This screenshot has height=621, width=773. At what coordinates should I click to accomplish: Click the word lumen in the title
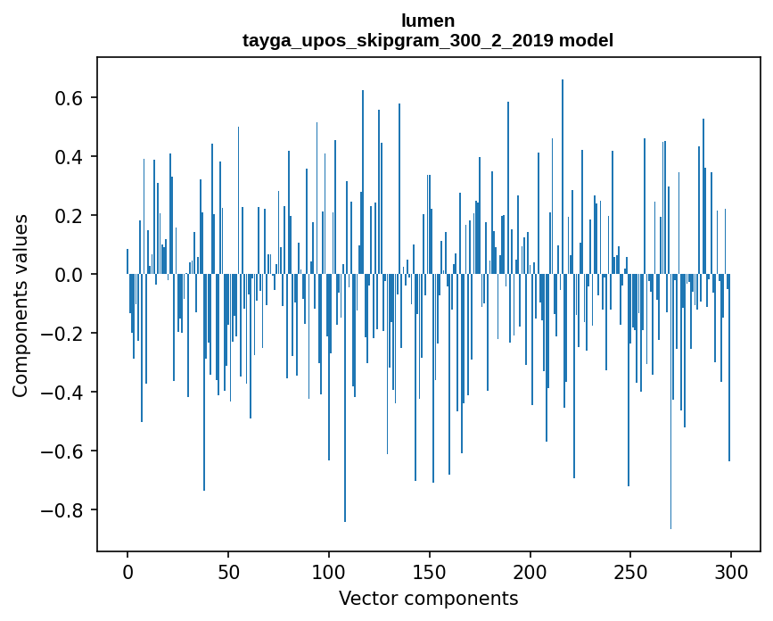click(428, 21)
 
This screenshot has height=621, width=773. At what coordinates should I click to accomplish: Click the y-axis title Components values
click(21, 305)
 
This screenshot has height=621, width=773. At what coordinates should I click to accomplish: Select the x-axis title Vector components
click(428, 598)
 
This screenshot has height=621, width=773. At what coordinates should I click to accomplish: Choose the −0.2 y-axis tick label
click(64, 333)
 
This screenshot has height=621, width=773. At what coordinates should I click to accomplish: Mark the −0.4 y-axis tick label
click(64, 392)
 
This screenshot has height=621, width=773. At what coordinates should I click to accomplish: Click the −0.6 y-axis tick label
click(64, 451)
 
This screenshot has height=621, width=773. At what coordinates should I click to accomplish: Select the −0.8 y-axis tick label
click(64, 509)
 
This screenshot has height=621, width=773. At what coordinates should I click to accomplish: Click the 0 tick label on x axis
click(127, 570)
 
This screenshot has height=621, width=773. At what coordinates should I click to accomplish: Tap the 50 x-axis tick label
click(228, 570)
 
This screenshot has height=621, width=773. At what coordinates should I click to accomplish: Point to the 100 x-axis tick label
click(329, 570)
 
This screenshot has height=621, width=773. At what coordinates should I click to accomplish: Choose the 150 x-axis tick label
click(430, 570)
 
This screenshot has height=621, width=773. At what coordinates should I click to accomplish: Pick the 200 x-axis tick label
click(530, 570)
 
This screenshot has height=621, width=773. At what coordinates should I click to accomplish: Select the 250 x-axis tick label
click(631, 570)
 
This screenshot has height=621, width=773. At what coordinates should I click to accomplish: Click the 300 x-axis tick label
click(731, 570)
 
